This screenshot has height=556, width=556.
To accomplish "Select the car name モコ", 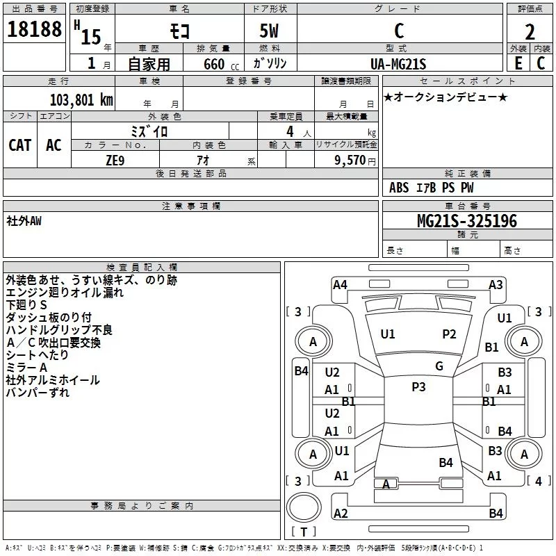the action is pyautogui.click(x=178, y=31).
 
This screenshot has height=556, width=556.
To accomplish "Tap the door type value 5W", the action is pyautogui.click(x=270, y=31).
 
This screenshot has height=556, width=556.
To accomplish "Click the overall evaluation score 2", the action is pyautogui.click(x=530, y=32).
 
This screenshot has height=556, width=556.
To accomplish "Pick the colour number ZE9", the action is pyautogui.click(x=115, y=160).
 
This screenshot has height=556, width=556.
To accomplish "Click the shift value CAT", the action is pyautogui.click(x=20, y=145).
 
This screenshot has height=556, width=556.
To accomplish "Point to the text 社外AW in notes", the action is pyautogui.click(x=24, y=220).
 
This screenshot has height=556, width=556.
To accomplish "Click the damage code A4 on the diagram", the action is pyautogui.click(x=340, y=284).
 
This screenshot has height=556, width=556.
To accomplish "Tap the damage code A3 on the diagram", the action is pyautogui.click(x=496, y=284).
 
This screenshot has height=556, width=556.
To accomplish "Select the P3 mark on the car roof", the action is pyautogui.click(x=418, y=387).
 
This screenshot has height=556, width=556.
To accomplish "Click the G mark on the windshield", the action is pyautogui.click(x=439, y=366).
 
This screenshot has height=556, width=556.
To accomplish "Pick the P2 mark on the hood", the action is pyautogui.click(x=449, y=334).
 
